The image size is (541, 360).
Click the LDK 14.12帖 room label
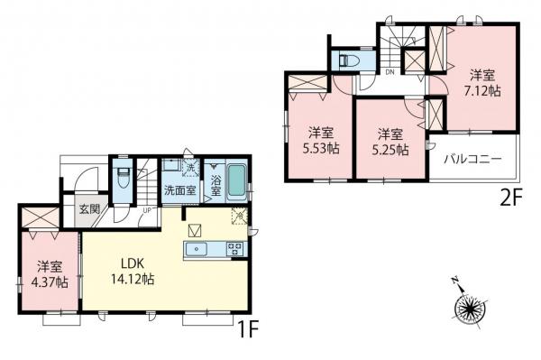[132, 271]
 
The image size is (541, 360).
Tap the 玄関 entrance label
[89, 209]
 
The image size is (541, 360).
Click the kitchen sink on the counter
[196, 248]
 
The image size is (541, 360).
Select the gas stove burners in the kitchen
[234, 248]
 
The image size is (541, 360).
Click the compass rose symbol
[470, 310]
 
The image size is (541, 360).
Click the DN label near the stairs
[390, 71]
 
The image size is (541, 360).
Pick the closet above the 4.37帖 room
[38, 217]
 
